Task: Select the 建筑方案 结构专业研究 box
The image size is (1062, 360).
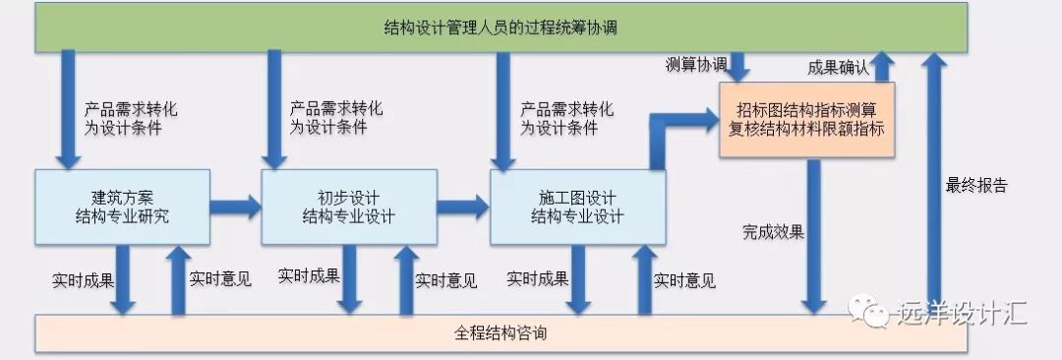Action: tap(123, 207)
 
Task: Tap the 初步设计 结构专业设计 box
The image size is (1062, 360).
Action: tap(349, 207)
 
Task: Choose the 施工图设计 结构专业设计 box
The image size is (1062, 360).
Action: tap(577, 207)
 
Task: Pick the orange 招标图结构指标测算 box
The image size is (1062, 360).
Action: tap(806, 118)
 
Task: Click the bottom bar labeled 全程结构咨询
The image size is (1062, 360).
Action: tap(501, 333)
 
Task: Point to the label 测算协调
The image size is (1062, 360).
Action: tap(696, 65)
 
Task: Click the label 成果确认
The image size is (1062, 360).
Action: tap(838, 67)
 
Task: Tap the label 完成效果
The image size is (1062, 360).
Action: tap(773, 233)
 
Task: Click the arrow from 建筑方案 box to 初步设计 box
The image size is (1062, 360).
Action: tap(236, 207)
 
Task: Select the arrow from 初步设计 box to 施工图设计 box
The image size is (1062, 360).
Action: tap(463, 207)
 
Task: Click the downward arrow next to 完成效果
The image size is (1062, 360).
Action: tap(813, 236)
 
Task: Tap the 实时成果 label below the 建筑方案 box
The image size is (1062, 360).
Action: tap(83, 278)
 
